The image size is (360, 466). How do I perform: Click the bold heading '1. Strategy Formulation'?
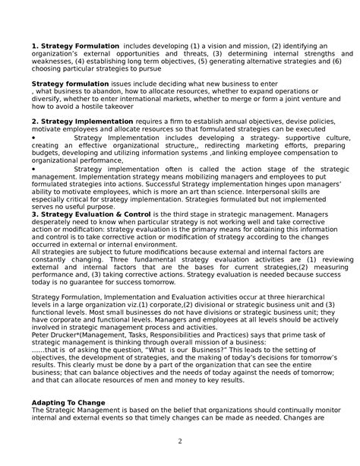coord(75,46)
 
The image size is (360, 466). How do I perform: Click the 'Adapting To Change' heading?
coord(68,401)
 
